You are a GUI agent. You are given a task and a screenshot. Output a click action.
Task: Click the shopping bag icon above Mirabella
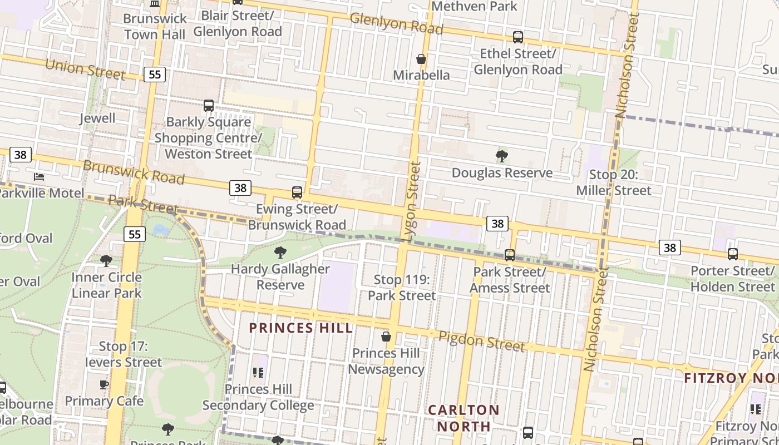tap(421, 59)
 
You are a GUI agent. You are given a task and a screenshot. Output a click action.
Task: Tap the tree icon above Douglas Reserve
tap(501, 156)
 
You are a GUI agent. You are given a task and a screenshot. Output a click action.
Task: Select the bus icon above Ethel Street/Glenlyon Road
tap(518, 37)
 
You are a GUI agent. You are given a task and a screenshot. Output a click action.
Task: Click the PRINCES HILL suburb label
tap(300, 328)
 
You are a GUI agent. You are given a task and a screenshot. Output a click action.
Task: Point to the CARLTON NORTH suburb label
tap(464, 418)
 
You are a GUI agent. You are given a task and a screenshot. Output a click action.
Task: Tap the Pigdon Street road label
tap(481, 341)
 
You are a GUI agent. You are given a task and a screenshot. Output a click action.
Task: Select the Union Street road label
tap(85, 70)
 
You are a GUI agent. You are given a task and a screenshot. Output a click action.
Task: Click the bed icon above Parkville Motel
tap(39, 177)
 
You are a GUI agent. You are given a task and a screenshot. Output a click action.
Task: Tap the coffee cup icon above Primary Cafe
tap(103, 384)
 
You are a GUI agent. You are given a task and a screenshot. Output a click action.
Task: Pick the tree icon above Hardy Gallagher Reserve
tap(280, 253)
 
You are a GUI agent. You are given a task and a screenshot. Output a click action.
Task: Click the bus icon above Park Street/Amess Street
tap(510, 255)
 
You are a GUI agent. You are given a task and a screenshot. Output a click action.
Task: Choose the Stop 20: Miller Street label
tap(613, 182)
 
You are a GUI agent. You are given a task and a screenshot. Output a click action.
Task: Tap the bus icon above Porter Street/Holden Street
tap(733, 254)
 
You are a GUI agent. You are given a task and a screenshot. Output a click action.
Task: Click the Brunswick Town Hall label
tap(155, 26)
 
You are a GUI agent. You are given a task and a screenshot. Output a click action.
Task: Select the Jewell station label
tap(97, 118)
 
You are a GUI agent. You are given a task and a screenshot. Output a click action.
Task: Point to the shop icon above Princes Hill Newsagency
tap(386, 337)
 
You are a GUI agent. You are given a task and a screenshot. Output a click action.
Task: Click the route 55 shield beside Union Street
tap(155, 75)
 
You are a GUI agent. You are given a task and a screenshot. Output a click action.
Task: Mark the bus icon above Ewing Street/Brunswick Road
tap(297, 192)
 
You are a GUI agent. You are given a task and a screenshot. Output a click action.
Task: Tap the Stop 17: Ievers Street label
tap(123, 354)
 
